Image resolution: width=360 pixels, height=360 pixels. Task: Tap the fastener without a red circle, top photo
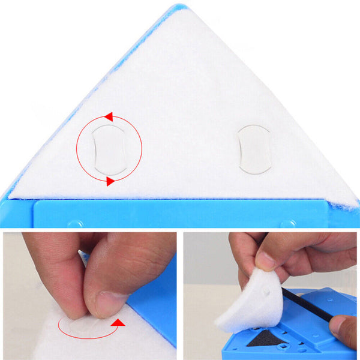coord(254,149)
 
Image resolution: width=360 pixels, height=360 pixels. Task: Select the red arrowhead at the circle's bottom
coord(110,181)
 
